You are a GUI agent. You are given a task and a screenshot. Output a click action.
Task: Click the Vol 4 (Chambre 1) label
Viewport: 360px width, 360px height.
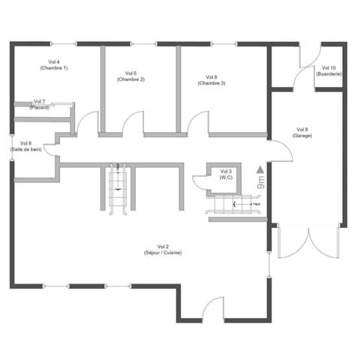coord(53,64)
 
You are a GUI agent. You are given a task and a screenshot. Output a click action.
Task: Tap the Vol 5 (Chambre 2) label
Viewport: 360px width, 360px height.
coord(130,76)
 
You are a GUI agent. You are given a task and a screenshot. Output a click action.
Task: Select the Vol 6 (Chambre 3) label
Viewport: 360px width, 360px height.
coord(211,79)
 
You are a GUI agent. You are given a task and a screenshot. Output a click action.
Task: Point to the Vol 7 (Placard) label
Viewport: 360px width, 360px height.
coord(40,104)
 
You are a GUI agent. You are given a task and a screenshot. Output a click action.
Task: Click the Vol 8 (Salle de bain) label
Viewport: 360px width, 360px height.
coord(26,145)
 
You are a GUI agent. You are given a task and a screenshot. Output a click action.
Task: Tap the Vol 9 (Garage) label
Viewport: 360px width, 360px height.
coord(302,133)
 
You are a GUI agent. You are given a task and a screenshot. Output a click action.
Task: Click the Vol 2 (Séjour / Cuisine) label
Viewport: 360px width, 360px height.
coord(163,249)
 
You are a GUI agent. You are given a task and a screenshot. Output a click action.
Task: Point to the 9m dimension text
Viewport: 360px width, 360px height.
coord(260,181)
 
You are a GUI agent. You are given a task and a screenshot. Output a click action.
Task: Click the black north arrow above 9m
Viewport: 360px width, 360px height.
coord(259,169)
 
